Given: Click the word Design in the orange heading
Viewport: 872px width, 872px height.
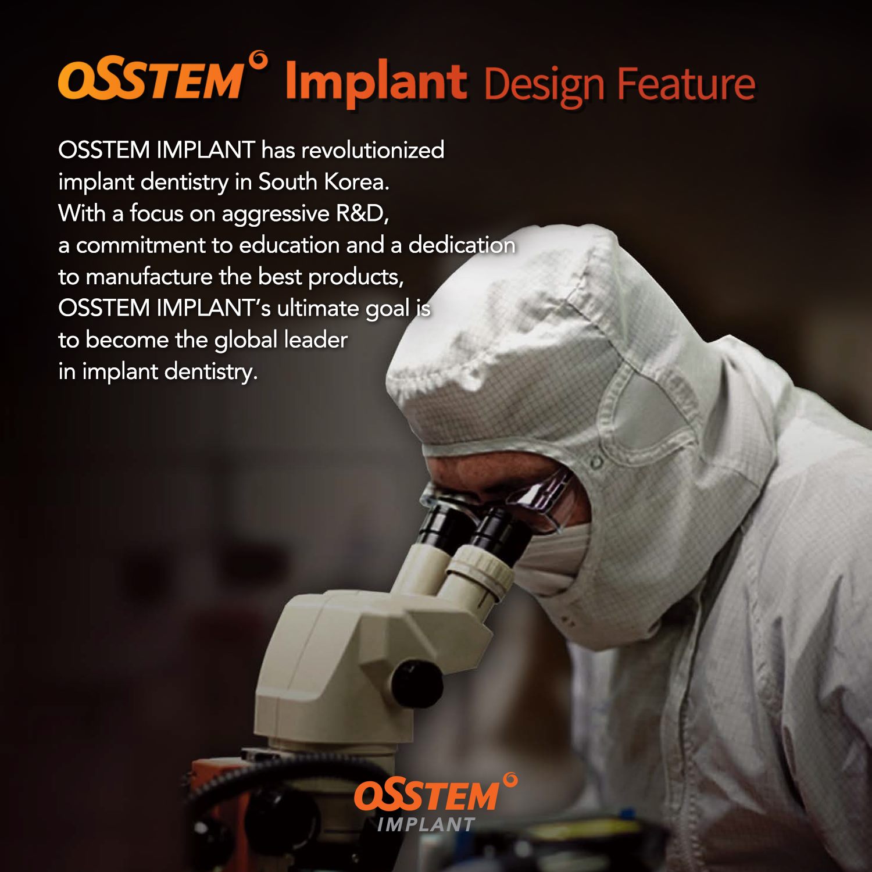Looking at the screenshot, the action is coord(544,85).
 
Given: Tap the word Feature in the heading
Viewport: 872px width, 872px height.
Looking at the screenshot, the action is coord(686,84).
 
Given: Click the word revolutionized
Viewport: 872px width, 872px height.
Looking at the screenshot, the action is coord(373,150).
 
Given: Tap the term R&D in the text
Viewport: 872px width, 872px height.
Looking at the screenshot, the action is coord(362,214).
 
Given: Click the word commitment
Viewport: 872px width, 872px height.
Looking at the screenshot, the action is coord(140,245).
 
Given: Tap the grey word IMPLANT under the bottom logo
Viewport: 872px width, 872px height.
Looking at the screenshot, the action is coord(426,824).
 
